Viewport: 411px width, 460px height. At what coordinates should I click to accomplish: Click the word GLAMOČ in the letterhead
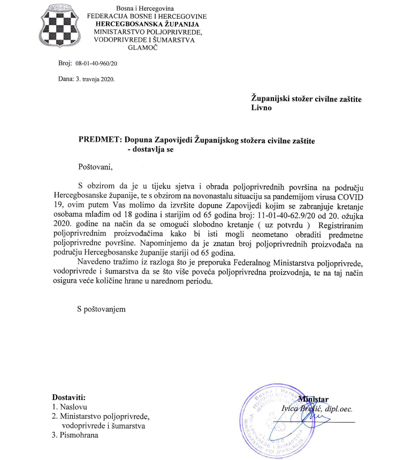pos(143,48)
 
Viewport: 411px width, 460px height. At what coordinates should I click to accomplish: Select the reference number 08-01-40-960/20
pos(96,63)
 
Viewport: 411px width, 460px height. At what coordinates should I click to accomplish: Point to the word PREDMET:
pos(100,140)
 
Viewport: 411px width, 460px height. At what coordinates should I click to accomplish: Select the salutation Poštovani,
pos(96,167)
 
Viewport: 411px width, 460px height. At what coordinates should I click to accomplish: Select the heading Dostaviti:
pos(69,397)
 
